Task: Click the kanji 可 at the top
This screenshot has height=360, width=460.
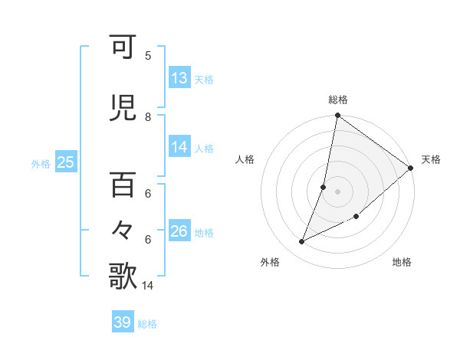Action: point(123,47)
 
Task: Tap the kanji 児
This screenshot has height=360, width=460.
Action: point(123,109)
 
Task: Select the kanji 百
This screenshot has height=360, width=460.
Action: point(123,185)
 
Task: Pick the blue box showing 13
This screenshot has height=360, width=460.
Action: point(179,78)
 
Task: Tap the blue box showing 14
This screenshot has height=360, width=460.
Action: point(179,147)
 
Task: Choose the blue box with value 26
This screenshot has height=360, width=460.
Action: point(179,231)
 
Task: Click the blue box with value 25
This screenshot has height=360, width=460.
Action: point(65,162)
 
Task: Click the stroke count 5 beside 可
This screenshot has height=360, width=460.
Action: point(148,56)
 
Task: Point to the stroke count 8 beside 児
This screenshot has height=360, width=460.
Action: point(148,117)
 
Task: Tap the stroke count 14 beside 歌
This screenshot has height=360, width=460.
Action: point(149,286)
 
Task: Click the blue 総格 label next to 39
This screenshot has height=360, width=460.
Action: point(148,324)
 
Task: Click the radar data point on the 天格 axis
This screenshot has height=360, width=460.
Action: point(411,168)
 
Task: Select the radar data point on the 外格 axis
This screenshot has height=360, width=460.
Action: point(302,242)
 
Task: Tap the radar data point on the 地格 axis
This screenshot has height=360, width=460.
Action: point(356,217)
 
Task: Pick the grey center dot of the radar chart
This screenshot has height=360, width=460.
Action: point(338,191)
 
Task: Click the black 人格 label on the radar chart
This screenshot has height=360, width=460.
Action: point(245,159)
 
